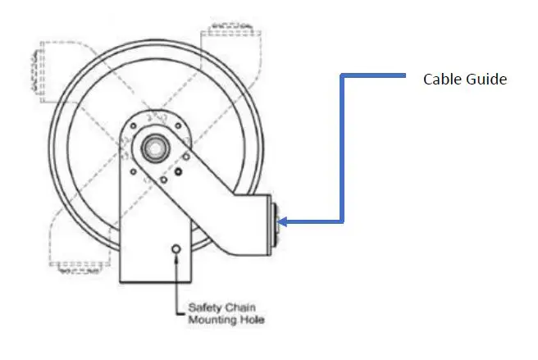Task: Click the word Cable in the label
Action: point(440,80)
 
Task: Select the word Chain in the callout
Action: point(240,307)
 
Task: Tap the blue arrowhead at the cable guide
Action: point(284,221)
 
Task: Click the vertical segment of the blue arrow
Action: point(342,148)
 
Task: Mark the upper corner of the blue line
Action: point(342,76)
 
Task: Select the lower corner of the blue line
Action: point(342,221)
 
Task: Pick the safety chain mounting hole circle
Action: point(174,248)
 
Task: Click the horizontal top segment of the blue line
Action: point(374,76)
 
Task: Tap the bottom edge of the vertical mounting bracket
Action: point(156,280)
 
